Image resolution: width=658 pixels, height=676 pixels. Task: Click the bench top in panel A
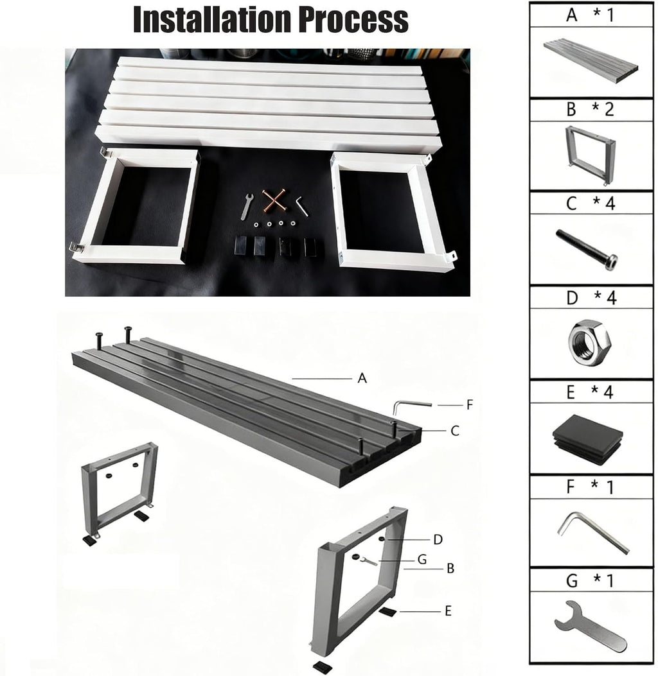[591, 62]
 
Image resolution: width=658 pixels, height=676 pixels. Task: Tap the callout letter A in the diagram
[362, 378]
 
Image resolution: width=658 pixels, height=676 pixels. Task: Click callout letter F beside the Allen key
[470, 404]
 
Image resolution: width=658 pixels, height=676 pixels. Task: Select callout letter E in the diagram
[448, 611]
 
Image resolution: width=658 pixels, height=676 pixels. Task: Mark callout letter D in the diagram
[438, 539]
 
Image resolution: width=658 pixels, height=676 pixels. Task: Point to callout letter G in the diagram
[422, 560]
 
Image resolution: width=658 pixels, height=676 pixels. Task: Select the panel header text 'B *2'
[590, 110]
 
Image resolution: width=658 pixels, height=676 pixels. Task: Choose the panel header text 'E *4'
[590, 392]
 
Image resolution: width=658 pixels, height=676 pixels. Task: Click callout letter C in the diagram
[455, 431]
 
